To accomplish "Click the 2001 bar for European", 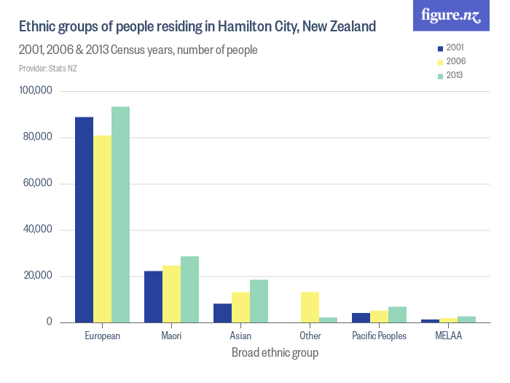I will coord(84,220).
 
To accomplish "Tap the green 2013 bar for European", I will coord(120,214).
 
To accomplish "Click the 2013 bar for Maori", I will coord(189,290).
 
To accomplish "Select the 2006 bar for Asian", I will coord(240,307).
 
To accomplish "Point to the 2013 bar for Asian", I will coord(259,301).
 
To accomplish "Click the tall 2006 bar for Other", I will coord(310,307).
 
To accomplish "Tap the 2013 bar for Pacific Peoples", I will coord(397,314).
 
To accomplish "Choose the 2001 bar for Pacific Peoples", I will coord(361,317).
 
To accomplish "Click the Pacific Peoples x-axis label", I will coord(379,336).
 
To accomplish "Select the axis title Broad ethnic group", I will coord(275,352).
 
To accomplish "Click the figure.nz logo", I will coord(451,15).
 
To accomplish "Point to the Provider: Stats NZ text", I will coord(48,69).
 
